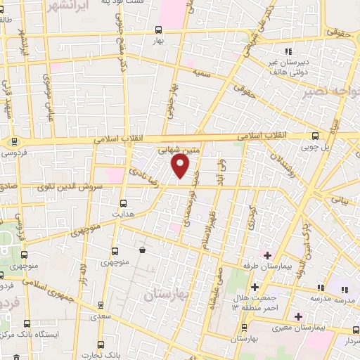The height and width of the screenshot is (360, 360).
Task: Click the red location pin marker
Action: tap(181, 166)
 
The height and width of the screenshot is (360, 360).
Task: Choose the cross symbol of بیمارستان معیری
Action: tap(299, 316)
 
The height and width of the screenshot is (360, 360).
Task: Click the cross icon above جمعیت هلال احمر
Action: tap(255, 286)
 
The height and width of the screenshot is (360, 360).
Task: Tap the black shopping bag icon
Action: tap(143, 250)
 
